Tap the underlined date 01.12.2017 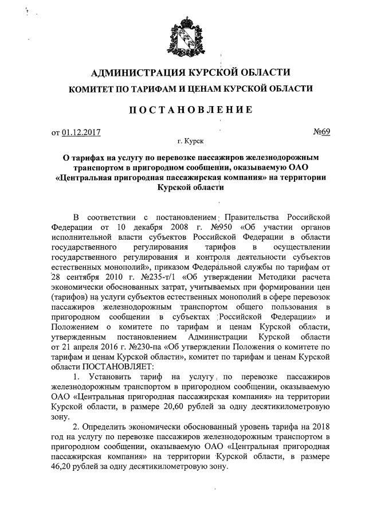click(81, 132)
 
